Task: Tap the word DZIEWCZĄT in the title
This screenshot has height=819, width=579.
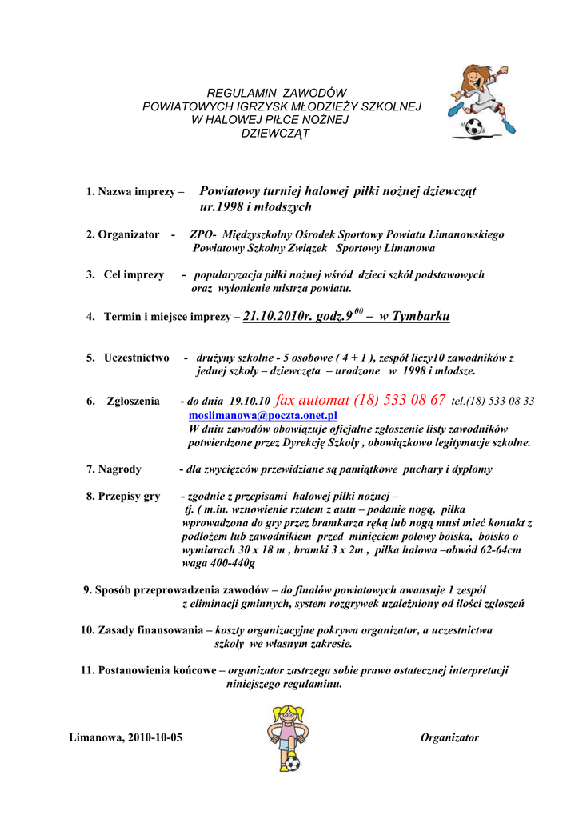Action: pos(275,133)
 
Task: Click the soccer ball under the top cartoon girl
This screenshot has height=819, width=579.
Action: pos(475,126)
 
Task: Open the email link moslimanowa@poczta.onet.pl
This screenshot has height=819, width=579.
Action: pos(263,416)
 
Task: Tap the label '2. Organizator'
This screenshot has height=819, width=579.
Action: pos(122,235)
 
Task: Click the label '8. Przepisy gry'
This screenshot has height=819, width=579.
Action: pos(123,496)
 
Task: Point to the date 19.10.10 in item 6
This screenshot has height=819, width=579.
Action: pos(250,402)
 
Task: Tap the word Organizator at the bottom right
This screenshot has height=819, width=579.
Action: pos(449,737)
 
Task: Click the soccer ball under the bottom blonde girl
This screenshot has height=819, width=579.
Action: pos(292,763)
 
